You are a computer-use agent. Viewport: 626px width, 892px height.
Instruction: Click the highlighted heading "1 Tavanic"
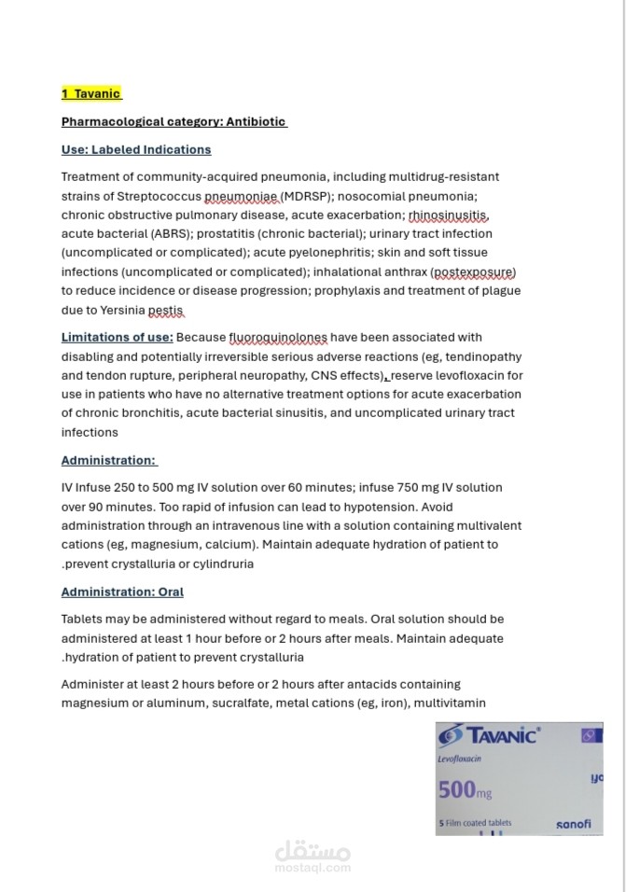(x=91, y=93)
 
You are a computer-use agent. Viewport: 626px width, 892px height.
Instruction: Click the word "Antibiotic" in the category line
(x=256, y=121)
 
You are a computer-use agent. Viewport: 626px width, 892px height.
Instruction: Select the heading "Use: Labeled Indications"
(x=136, y=149)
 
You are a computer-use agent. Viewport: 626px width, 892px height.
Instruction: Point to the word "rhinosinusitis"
(x=449, y=215)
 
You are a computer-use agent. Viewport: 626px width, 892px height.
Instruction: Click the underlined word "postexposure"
(x=473, y=272)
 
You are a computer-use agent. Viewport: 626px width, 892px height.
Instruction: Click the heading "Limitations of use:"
(x=117, y=337)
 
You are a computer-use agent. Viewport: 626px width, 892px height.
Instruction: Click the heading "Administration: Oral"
(x=122, y=592)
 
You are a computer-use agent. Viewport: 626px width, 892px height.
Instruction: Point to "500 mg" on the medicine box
(x=465, y=790)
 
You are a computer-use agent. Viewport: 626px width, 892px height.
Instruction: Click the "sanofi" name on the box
(x=573, y=824)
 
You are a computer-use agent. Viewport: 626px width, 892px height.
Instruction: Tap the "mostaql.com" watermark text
(x=313, y=867)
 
